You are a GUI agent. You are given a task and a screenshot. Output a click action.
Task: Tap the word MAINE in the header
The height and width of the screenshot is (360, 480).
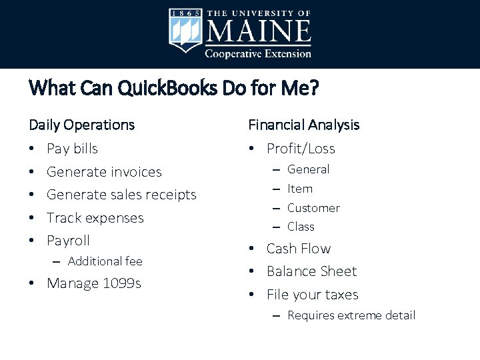pos(259,31)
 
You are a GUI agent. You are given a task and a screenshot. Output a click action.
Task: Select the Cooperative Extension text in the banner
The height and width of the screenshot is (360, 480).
pos(258,53)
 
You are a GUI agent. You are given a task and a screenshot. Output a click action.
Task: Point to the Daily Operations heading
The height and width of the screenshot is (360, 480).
pos(81,125)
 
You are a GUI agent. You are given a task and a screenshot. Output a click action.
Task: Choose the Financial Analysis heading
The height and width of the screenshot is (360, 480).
pos(303,125)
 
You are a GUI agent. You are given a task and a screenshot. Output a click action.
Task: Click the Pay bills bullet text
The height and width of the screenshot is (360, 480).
pos(72,149)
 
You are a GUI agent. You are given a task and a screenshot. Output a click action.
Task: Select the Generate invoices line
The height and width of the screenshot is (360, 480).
pos(104,172)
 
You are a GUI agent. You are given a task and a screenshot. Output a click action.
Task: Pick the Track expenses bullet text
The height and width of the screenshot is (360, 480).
pos(95,218)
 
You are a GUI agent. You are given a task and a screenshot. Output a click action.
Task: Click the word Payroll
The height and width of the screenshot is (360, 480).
pos(68,241)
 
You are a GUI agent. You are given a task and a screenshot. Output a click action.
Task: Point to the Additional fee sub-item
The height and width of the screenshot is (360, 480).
pos(105,261)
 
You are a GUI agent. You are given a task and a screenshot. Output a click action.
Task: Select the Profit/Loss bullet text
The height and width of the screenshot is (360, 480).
pos(301,149)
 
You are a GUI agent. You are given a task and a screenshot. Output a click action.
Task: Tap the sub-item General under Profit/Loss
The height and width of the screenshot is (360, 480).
pos(308,169)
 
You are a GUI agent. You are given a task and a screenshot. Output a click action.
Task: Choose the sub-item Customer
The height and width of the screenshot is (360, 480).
pos(313,208)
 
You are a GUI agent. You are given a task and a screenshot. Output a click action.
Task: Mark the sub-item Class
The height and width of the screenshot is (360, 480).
pos(301,227)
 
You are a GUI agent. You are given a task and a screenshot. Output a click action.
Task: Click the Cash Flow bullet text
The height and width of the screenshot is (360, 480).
pos(298,249)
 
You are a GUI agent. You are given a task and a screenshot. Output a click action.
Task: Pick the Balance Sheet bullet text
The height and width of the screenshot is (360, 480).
pos(311,271)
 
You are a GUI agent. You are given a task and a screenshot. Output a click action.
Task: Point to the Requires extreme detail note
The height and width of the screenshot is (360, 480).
pos(351,315)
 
